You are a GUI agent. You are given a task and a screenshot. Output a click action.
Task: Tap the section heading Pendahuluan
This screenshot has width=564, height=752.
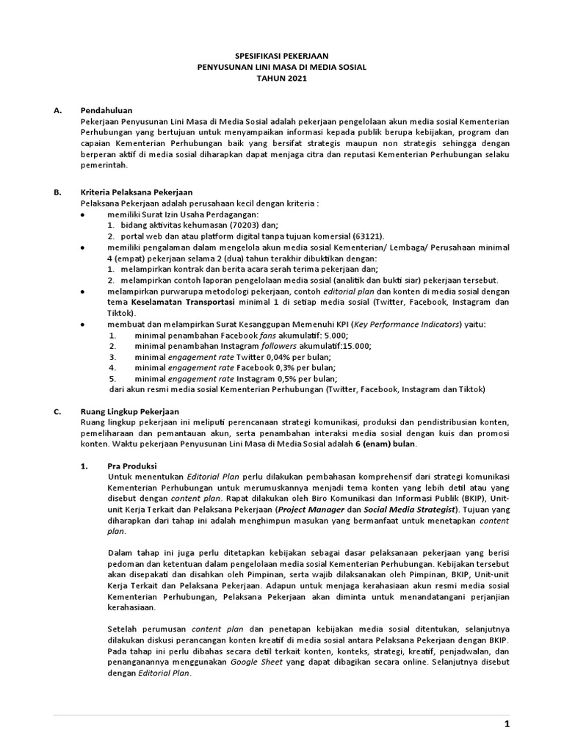108,109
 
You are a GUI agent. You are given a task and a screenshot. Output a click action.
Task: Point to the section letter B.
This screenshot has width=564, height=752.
57,192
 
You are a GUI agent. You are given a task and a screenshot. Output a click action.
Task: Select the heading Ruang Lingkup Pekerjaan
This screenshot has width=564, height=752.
129,412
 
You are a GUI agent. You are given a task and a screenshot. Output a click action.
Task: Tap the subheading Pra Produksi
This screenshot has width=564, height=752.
132,466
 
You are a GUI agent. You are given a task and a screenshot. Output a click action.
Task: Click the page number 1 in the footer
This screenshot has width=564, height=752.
506,724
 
